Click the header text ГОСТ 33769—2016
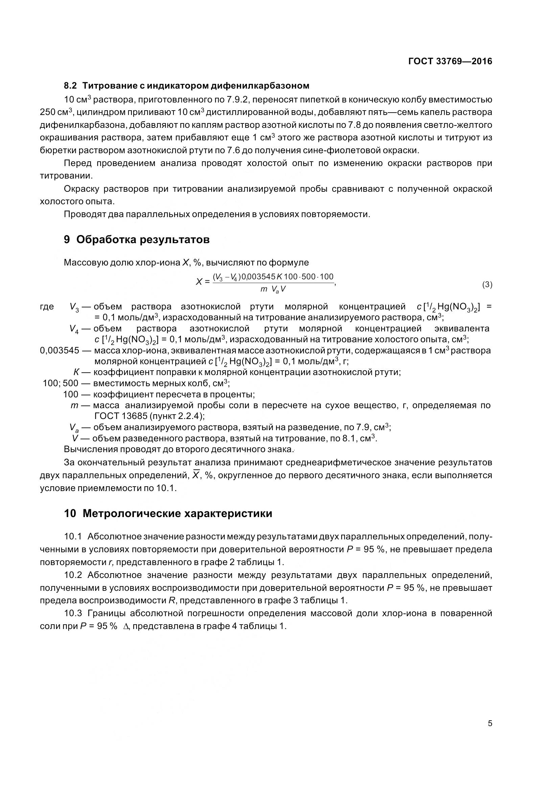pyautogui.click(x=450, y=61)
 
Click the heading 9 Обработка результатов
pyautogui.click(x=137, y=239)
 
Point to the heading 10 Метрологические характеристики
pyautogui.click(x=168, y=513)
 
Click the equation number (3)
pyautogui.click(x=487, y=284)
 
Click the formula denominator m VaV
pyautogui.click(x=273, y=290)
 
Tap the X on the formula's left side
pyautogui.click(x=199, y=282)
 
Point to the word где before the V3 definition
pyautogui.click(x=47, y=307)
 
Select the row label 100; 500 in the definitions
pyautogui.click(x=61, y=383)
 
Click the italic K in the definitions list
pyautogui.click(x=76, y=372)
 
